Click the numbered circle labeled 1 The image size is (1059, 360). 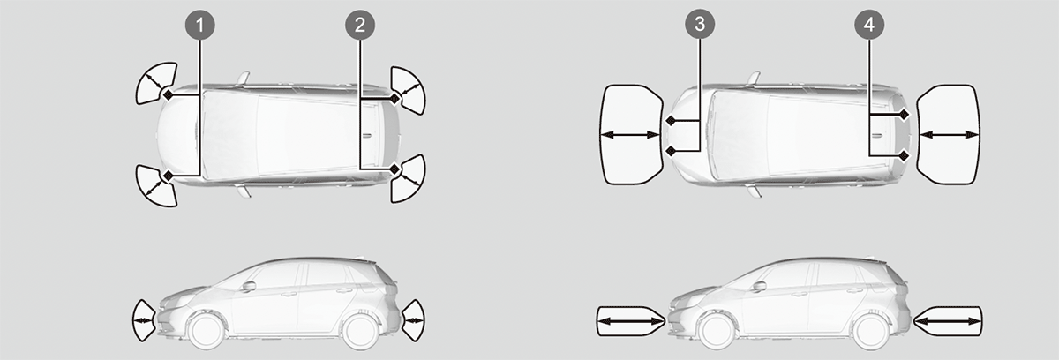click(200, 25)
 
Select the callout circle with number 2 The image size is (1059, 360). click(360, 25)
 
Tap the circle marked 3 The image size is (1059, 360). click(700, 24)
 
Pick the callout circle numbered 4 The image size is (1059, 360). click(869, 25)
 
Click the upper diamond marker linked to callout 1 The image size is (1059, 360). click(169, 95)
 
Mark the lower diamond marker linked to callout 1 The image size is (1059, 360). click(168, 176)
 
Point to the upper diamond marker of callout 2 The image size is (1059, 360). click(395, 98)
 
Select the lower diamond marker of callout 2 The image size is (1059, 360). click(395, 169)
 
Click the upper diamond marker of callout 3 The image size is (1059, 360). click(671, 121)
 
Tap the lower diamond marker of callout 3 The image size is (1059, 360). click(671, 151)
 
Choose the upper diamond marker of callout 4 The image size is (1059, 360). click(904, 115)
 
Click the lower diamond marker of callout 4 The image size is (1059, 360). click(904, 155)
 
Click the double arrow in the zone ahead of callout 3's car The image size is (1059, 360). click(629, 135)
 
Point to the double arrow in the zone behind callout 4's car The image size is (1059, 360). click(950, 135)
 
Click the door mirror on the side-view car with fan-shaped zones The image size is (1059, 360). click(249, 286)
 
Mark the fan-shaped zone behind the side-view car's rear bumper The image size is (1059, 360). click(414, 320)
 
